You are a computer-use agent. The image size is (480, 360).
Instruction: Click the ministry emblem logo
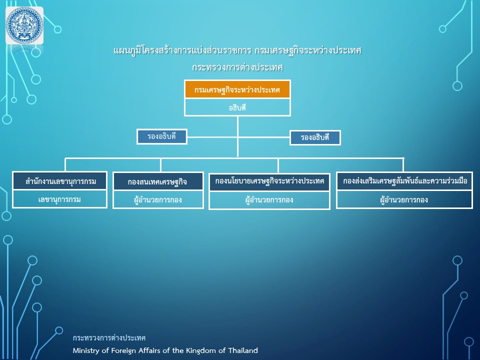pos(24,25)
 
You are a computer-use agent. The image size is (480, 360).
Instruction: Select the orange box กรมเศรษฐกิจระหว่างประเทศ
pos(237,89)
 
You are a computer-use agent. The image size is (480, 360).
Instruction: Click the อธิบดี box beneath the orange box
pos(237,107)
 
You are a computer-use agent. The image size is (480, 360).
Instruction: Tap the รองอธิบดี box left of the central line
pos(161,136)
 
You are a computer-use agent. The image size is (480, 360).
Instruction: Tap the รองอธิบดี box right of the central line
pos(315,138)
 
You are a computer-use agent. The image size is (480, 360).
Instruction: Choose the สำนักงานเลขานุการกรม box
pos(60,181)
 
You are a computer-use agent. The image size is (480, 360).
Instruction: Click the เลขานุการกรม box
pos(60,199)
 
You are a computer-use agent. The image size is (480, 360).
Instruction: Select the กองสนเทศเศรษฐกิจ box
pos(158,181)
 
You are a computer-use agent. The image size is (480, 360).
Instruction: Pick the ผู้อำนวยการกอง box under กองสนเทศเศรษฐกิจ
pos(158,200)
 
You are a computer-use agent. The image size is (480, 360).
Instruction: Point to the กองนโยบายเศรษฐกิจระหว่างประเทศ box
pos(269,181)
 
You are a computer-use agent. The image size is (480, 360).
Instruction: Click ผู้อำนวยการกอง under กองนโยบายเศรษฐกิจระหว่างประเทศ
pos(269,200)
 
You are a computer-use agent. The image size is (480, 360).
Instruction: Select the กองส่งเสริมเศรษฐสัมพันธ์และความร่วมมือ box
pos(404,181)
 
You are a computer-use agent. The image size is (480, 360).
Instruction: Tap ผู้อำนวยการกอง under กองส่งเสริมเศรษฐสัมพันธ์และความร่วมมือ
pos(404,200)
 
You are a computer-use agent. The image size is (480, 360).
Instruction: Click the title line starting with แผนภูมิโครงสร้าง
pos(237,50)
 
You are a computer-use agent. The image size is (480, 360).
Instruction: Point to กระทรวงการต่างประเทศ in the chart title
pos(237,67)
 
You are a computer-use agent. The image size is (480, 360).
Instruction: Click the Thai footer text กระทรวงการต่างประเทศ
pos(109,338)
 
